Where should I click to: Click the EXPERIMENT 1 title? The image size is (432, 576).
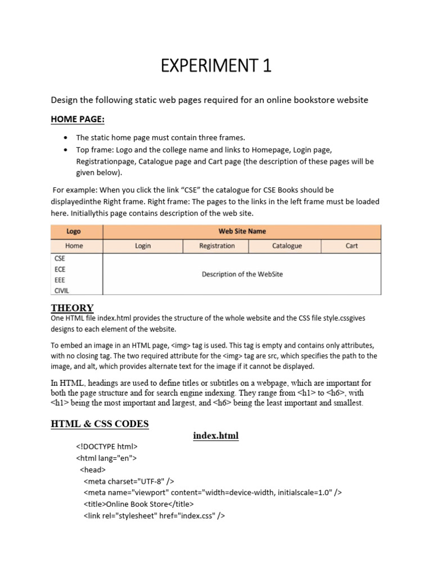(x=216, y=66)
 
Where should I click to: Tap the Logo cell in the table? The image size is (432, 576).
(x=74, y=231)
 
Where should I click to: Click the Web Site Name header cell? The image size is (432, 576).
(x=242, y=231)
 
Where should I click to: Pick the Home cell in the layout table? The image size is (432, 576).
(x=74, y=246)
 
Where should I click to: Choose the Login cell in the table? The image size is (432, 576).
(x=143, y=246)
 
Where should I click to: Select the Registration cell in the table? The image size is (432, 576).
(x=217, y=246)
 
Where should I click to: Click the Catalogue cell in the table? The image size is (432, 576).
(x=287, y=246)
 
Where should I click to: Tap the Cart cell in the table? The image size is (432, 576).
(x=352, y=246)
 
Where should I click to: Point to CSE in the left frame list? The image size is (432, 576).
(x=60, y=259)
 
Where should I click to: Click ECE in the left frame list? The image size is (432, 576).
(x=60, y=269)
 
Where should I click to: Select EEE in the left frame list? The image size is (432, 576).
(x=60, y=280)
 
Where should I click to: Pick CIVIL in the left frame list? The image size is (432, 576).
(x=62, y=291)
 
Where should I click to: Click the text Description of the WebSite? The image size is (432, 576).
(x=242, y=274)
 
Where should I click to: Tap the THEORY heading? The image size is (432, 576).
(x=72, y=308)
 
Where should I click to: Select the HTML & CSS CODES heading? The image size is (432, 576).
(x=100, y=424)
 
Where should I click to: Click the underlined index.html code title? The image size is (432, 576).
(x=215, y=436)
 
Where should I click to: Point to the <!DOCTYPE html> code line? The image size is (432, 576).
(x=107, y=447)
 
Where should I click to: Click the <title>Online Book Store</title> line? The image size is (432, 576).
(x=138, y=504)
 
